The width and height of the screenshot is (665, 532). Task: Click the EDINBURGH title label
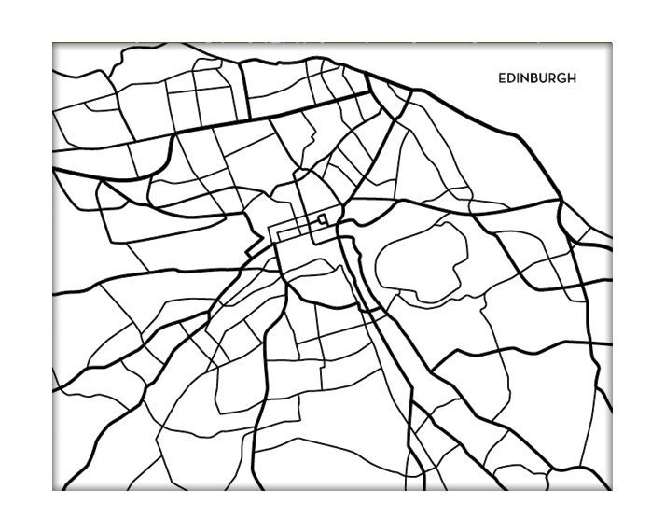click(536, 78)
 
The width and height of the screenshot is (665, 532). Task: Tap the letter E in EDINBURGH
click(502, 78)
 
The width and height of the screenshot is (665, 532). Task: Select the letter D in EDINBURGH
click(510, 78)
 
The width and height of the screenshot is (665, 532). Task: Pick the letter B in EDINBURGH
click(533, 78)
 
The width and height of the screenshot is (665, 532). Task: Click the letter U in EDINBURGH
click(543, 78)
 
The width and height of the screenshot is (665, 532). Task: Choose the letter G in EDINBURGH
click(561, 78)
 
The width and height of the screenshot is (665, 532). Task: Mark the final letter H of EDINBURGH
click(572, 78)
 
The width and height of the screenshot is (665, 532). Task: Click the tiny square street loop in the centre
click(323, 220)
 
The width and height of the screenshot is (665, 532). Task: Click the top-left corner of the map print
click(53, 42)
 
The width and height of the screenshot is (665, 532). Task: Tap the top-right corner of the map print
click(612, 42)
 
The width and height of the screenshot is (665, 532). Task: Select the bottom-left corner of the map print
click(53, 490)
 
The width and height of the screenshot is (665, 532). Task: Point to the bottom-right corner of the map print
click(612, 490)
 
